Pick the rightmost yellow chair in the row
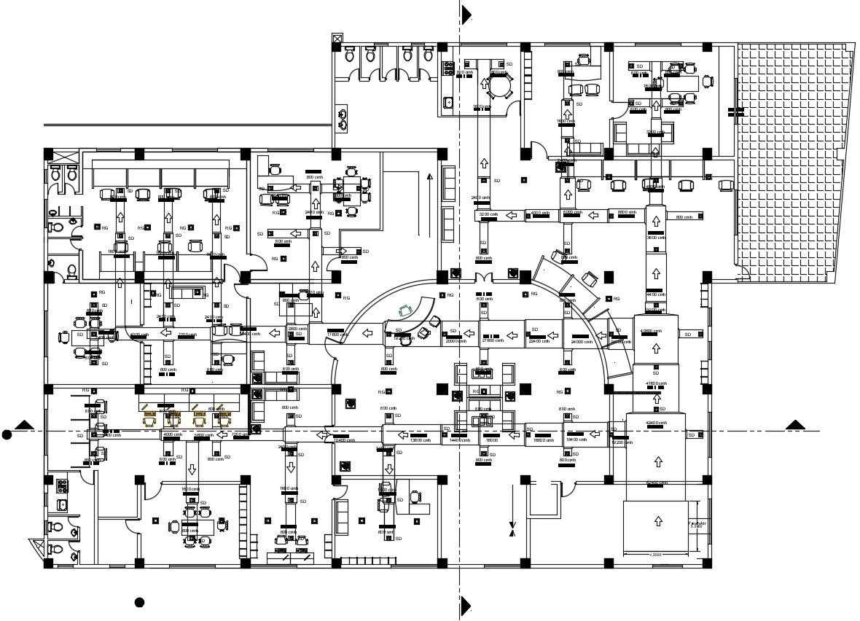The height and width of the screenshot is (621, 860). click(x=224, y=419)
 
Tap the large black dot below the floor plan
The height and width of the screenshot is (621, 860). click(x=139, y=602)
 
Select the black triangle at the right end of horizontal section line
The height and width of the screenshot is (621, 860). click(x=794, y=425)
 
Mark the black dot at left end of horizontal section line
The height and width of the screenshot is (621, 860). click(x=7, y=435)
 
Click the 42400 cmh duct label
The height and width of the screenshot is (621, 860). click(x=656, y=423)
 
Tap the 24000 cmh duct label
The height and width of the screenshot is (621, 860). click(x=582, y=341)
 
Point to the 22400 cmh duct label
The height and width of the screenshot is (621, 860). click(x=539, y=341)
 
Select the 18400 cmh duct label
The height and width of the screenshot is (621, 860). click(x=576, y=440)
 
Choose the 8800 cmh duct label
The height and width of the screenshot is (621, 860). click(x=627, y=212)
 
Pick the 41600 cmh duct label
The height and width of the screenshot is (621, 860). click(x=656, y=383)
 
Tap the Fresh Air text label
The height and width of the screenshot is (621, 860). click(x=698, y=523)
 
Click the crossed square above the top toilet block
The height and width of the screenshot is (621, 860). click(x=337, y=38)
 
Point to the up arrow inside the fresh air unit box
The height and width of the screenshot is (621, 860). click(x=658, y=520)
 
